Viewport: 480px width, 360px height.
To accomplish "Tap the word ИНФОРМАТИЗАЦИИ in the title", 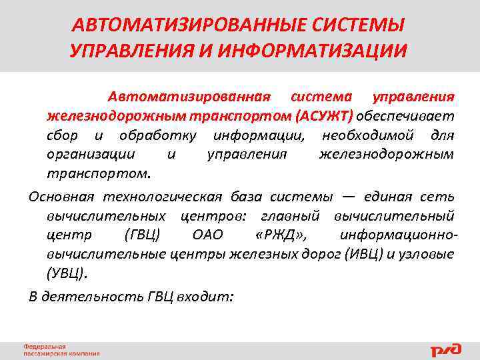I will click(x=316, y=51).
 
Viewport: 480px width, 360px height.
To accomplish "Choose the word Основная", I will click(x=61, y=197).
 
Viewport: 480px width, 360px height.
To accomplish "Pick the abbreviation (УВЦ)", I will click(x=67, y=273).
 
